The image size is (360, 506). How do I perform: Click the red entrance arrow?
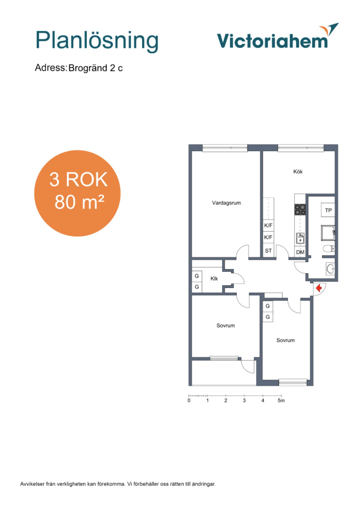319,288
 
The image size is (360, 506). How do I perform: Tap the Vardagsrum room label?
226,203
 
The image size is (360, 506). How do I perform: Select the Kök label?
298,172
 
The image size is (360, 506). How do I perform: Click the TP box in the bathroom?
328,210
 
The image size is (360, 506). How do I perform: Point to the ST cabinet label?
268,251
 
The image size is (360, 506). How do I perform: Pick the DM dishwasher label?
300,252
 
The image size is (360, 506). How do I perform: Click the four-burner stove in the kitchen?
301,210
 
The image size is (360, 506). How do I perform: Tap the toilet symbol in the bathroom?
329,249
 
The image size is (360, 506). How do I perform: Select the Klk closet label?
214,279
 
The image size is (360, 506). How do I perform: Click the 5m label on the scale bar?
281,401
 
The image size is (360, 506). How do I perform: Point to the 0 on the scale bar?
189,401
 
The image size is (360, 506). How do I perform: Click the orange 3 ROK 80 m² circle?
77,193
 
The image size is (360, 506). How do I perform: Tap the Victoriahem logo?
278,36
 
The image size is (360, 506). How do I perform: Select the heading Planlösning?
97,41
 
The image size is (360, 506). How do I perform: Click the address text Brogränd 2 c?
95,68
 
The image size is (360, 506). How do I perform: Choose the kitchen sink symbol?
300,238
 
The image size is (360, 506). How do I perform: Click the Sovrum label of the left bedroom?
225,325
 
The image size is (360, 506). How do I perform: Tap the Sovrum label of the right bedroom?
285,341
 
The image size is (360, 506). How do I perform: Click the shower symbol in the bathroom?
328,233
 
